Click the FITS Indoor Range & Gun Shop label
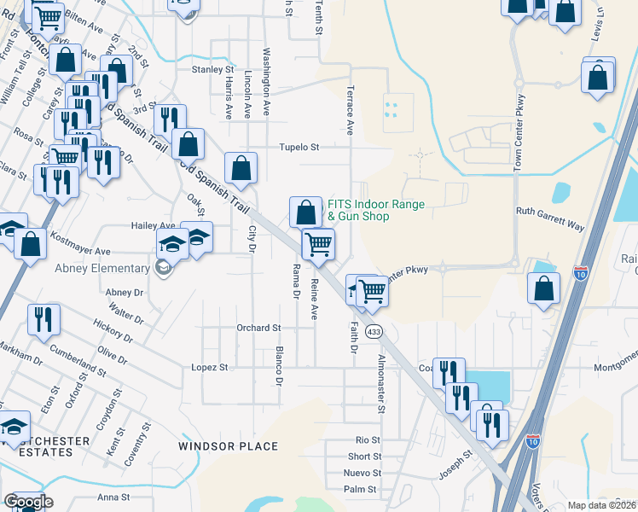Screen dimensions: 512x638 [376, 210]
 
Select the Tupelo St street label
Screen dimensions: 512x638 [299, 147]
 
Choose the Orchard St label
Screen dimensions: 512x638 [258, 328]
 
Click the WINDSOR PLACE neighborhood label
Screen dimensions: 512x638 [228, 446]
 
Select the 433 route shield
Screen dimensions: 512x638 [373, 330]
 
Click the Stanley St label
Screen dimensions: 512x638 [212, 69]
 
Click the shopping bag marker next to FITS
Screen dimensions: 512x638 [305, 211]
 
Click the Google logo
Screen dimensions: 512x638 [27, 502]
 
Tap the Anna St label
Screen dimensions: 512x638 [113, 497]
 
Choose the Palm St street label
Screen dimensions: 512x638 [359, 489]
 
